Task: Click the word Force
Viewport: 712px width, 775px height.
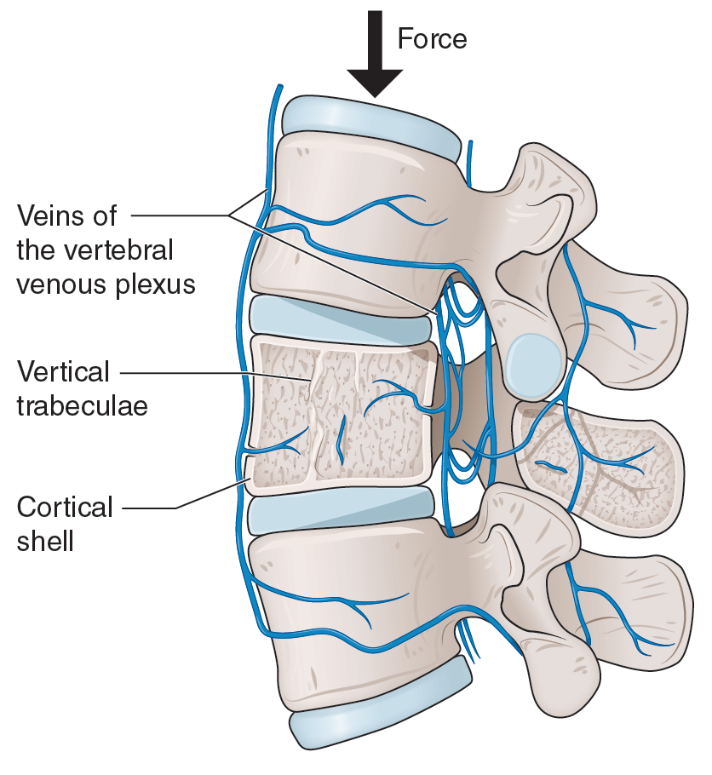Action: pos(432,39)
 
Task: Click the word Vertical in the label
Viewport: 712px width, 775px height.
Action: pos(64,371)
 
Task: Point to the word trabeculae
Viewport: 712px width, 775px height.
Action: pos(83,406)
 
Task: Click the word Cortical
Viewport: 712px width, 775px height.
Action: pos(65,508)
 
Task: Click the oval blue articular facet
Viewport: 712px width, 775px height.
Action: pos(531,361)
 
